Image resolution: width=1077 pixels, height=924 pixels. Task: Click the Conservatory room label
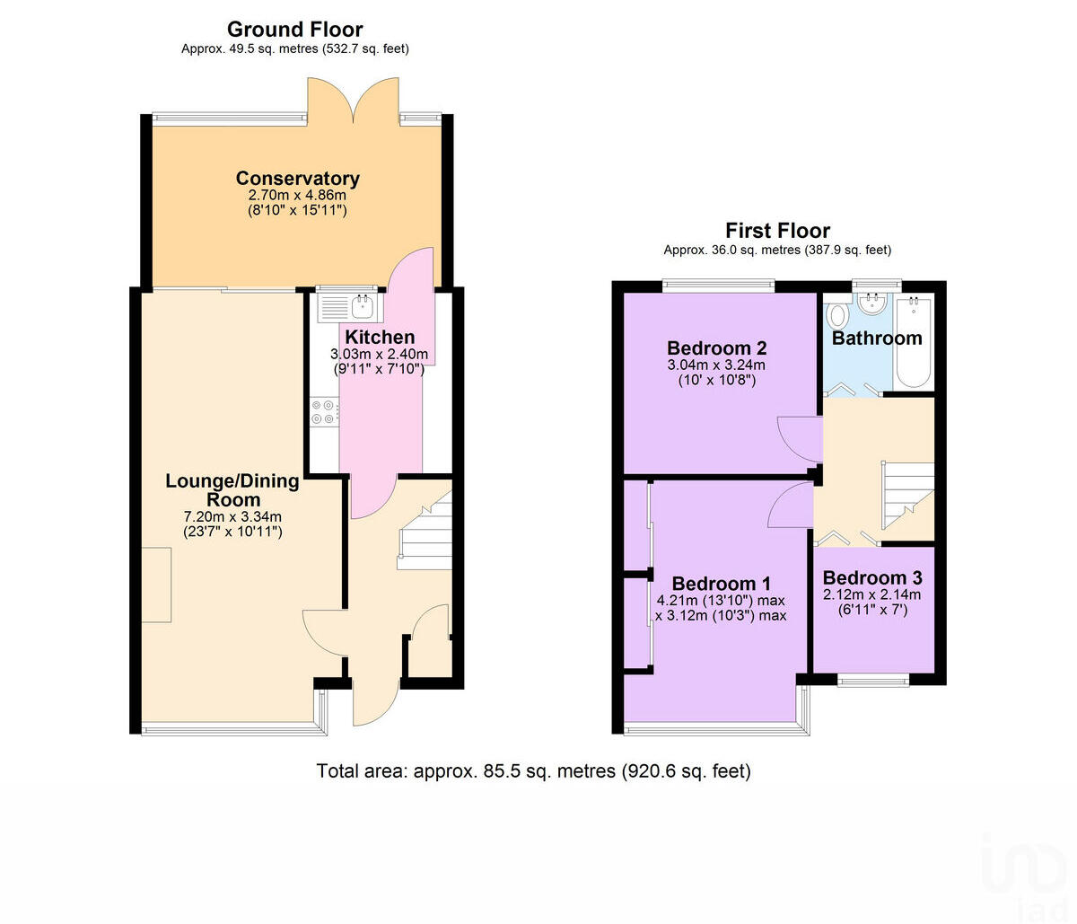(297, 178)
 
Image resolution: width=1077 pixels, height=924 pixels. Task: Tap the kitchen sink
(350, 307)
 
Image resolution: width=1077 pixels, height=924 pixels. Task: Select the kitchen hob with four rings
(323, 412)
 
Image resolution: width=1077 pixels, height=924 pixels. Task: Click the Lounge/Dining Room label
(232, 490)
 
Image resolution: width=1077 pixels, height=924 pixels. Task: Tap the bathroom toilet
(837, 315)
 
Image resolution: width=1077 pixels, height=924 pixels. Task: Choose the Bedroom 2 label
(716, 348)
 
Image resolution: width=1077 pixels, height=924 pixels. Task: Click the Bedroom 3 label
(871, 577)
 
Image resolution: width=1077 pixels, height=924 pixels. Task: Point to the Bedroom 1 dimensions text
(721, 608)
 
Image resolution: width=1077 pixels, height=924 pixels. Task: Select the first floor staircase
(907, 495)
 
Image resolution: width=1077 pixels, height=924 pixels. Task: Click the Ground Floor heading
(294, 29)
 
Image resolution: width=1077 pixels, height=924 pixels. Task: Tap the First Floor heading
(777, 230)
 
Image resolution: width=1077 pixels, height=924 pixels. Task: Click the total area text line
(533, 770)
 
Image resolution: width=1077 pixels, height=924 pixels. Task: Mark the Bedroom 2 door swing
(799, 437)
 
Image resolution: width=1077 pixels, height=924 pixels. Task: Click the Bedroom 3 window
(872, 681)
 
